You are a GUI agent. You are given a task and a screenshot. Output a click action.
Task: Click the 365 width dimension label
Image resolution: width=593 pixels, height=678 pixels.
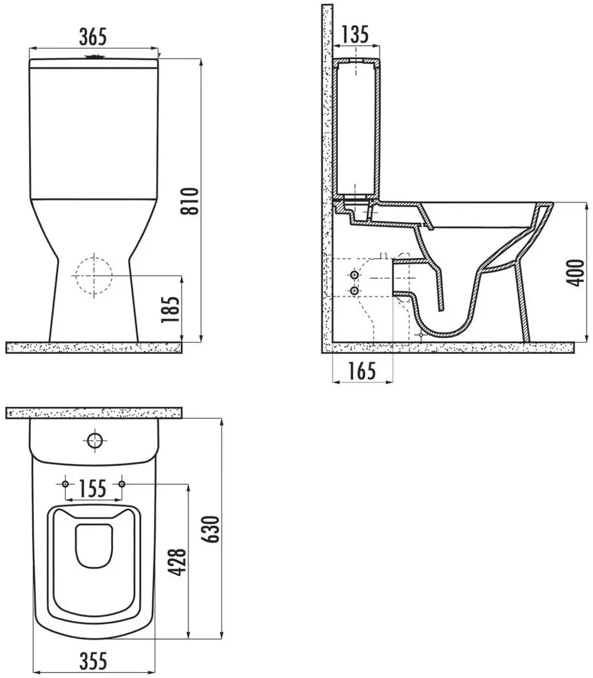tap(92, 36)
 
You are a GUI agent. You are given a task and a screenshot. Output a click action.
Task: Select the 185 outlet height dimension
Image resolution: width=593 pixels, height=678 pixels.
tap(170, 309)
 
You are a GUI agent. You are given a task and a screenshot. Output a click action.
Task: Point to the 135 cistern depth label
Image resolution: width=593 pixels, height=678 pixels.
tap(355, 34)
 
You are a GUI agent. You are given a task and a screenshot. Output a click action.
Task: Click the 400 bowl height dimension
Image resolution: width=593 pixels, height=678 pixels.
tap(575, 273)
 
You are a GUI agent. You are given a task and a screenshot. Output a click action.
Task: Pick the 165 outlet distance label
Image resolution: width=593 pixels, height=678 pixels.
tap(362, 371)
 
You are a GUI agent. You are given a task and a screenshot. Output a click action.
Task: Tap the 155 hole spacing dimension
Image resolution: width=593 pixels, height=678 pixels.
tap(93, 488)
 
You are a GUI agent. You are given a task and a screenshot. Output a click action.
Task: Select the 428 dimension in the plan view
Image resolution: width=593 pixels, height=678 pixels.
tap(177, 562)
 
